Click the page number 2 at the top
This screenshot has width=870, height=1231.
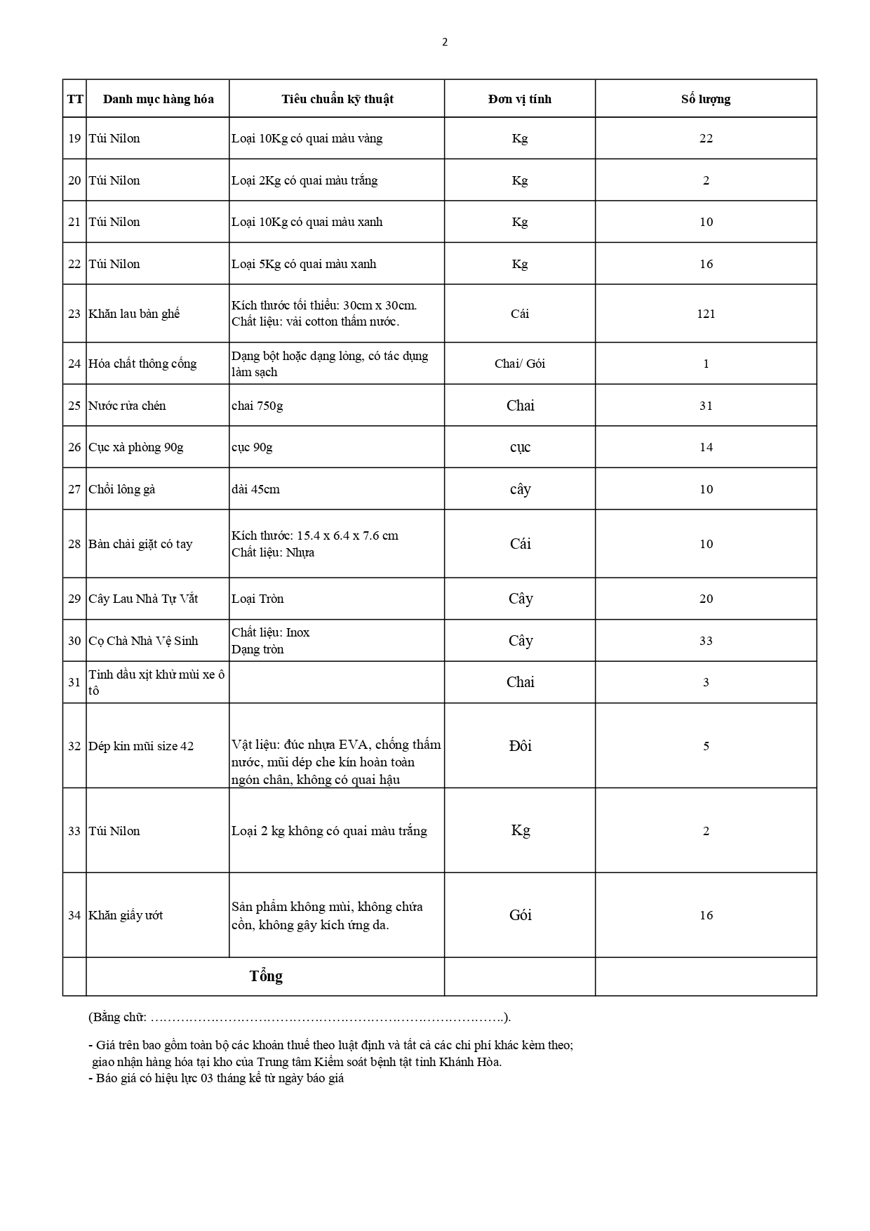pos(445,42)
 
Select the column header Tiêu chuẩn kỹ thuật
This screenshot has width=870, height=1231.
pos(337,99)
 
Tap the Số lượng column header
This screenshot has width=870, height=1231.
pos(705,99)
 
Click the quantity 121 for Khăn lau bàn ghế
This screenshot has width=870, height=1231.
pos(706,314)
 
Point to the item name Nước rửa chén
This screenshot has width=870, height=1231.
pos(127,406)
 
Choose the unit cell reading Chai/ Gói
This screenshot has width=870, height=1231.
pos(519,364)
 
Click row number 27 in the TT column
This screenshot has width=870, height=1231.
pos(74,489)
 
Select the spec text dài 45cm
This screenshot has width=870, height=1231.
pos(255,489)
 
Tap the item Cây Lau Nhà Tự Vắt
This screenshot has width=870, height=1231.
pos(143,599)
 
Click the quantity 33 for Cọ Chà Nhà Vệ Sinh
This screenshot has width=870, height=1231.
pos(706,641)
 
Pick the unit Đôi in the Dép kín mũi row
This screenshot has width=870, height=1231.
pos(520,746)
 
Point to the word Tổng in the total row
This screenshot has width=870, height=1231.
pos(266,976)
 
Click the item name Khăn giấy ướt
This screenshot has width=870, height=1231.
pos(126,915)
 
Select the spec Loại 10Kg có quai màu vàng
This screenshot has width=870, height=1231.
pos(307,138)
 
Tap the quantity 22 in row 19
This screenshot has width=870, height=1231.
pos(706,138)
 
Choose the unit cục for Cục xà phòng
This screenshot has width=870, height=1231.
pos(520,448)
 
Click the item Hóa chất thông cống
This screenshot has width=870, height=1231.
pos(142,364)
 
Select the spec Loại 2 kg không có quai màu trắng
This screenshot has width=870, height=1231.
pos(329,831)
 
